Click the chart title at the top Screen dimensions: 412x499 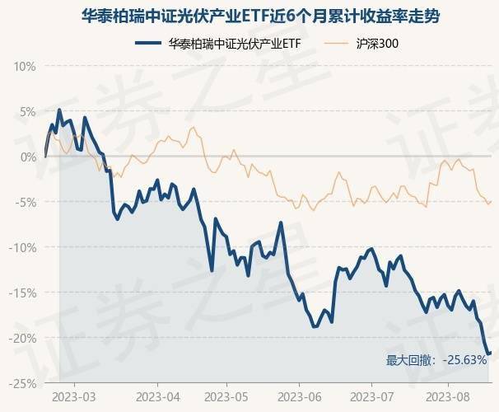coord(250,14)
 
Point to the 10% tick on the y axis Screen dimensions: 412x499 coord(24,66)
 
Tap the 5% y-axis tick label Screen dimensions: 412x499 coord(26,111)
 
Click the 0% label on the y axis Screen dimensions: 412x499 coord(26,157)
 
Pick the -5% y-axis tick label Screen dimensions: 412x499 coord(25,202)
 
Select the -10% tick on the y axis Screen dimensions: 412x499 coord(22,247)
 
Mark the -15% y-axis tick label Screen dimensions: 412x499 coord(22,293)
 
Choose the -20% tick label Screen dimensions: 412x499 coord(22,338)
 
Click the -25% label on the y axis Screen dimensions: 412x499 coord(22,383)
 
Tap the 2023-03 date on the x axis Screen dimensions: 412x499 coord(73,396)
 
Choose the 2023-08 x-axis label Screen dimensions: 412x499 coord(447,396)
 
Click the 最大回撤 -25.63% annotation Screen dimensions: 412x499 coord(436,360)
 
